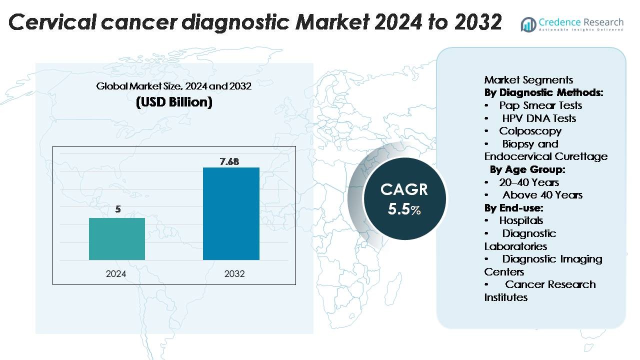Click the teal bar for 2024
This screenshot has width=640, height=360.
click(117, 239)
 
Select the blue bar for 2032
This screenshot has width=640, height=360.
click(231, 213)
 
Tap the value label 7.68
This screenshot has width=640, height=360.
click(229, 161)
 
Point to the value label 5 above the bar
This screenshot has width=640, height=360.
click(118, 209)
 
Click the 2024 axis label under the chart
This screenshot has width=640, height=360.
click(116, 274)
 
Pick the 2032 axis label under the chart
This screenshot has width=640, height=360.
click(234, 274)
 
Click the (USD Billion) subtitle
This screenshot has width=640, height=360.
click(174, 102)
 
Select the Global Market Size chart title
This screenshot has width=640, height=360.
click(173, 86)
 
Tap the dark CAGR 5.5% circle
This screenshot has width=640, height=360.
click(404, 198)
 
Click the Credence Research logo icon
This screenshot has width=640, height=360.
click(528, 24)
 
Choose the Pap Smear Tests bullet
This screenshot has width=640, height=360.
click(540, 105)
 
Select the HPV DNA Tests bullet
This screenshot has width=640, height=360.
click(539, 118)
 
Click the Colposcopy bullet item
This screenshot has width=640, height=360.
click(530, 131)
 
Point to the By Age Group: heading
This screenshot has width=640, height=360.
click(527, 169)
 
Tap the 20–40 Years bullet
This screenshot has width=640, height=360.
click(528, 182)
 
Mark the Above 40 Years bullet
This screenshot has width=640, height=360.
click(542, 195)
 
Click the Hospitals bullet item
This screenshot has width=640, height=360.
click(520, 220)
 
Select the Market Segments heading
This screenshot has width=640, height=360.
click(528, 80)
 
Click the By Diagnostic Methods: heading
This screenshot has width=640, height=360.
click(543, 92)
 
